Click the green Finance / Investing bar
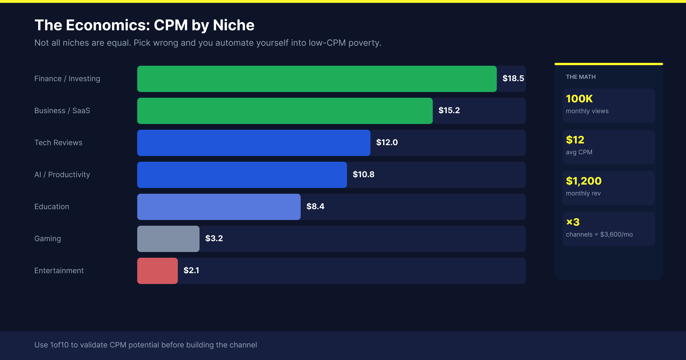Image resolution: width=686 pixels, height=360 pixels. (x=317, y=79)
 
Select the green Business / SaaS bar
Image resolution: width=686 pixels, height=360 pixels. (x=285, y=111)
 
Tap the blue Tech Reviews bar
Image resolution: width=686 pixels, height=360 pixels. (x=254, y=143)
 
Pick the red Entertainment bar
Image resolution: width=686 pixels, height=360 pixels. (x=157, y=271)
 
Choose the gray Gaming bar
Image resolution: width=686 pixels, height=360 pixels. (x=168, y=239)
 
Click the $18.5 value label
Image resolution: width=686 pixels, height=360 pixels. (x=513, y=78)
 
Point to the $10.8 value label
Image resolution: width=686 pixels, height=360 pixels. (x=363, y=174)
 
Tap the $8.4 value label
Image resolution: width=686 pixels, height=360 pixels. (x=315, y=206)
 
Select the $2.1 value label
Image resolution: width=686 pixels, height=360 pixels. (x=191, y=270)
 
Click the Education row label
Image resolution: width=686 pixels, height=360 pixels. (x=52, y=207)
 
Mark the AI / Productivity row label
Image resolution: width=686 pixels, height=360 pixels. (x=62, y=175)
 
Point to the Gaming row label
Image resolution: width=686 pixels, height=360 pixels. (x=47, y=239)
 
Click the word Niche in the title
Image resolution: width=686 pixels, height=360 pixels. (x=234, y=25)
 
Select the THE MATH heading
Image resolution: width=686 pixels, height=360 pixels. (x=581, y=77)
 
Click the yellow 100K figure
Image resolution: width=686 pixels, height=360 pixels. (x=579, y=99)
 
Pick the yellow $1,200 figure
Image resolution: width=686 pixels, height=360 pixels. (x=584, y=181)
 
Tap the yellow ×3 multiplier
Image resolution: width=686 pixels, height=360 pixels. (x=573, y=222)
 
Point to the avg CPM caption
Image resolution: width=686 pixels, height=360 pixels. (x=579, y=152)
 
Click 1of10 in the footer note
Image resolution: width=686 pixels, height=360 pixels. (x=59, y=345)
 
